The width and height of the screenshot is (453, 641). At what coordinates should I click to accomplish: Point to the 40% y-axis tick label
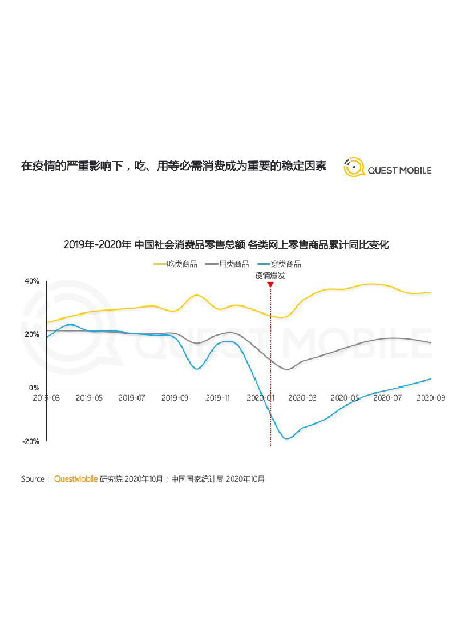31,281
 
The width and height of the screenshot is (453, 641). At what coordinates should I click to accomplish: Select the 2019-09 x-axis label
175,397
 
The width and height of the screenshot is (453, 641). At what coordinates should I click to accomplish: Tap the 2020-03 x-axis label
302,397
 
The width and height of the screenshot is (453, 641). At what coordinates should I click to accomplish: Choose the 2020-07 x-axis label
388,397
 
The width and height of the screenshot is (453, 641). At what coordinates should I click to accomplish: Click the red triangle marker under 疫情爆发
270,284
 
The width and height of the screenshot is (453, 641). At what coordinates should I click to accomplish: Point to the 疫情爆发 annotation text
270,275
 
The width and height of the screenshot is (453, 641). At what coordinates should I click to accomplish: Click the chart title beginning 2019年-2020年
226,245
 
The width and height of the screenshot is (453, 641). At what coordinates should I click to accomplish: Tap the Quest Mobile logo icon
354,167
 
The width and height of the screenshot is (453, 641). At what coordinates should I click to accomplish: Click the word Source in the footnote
32,479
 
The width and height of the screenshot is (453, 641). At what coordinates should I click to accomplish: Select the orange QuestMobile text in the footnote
76,479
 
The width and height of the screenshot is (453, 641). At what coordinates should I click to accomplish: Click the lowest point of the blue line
287,438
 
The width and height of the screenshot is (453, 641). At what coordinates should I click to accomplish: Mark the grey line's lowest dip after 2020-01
287,369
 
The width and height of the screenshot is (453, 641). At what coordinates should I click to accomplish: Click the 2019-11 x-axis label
217,397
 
